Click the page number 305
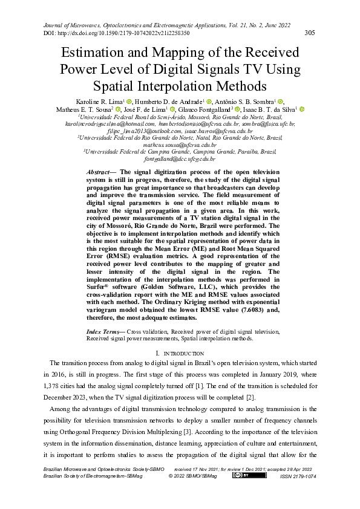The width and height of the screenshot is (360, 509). [309, 33]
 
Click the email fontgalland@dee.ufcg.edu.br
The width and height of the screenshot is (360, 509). [180, 160]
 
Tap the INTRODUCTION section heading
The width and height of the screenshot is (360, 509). [180, 353]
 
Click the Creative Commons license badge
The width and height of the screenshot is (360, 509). [240, 475]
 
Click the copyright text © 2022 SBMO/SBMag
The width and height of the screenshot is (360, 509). [192, 476]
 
